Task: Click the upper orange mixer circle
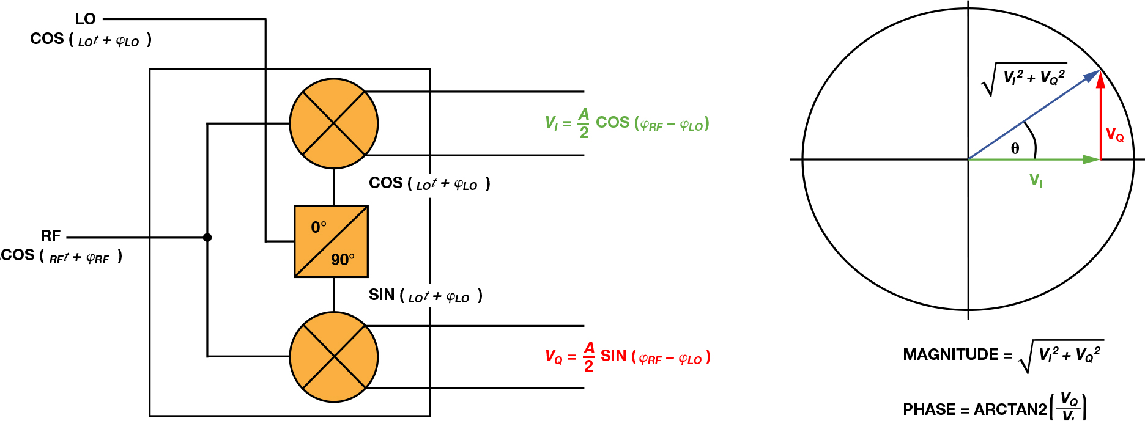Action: [x=333, y=123]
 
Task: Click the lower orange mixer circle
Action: [x=333, y=357]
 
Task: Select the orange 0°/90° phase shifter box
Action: [x=331, y=241]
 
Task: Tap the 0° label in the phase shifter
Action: [x=318, y=227]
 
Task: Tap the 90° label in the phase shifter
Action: [x=343, y=260]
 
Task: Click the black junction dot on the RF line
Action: [x=207, y=237]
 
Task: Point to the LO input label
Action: [x=85, y=19]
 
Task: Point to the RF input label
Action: [x=51, y=236]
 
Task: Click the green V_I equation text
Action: [x=627, y=123]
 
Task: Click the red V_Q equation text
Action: [x=628, y=357]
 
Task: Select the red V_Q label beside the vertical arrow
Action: [x=1114, y=135]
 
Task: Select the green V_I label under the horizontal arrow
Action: [x=1036, y=180]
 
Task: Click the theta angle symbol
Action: [x=1015, y=148]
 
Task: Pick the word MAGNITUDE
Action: [x=950, y=355]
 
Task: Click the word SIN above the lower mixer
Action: [x=382, y=295]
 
